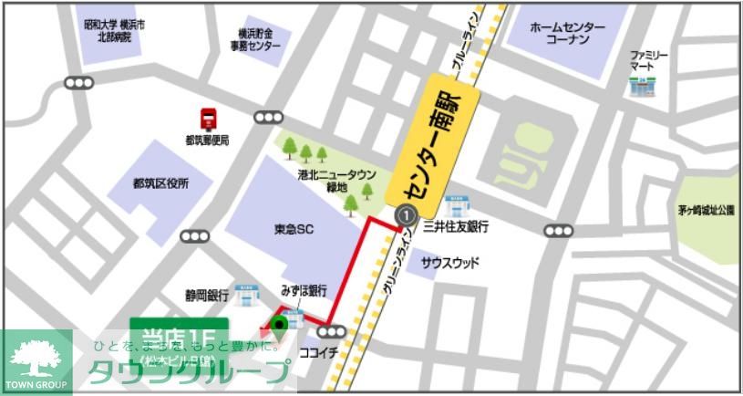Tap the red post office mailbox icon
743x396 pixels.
click(208, 119)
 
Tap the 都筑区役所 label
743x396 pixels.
click(160, 183)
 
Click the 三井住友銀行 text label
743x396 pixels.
click(457, 226)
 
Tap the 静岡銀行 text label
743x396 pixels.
click(205, 296)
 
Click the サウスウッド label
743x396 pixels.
click(449, 262)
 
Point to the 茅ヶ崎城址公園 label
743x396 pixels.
click(707, 210)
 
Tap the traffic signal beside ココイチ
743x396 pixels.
click(333, 331)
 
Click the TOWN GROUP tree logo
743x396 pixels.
click(36, 361)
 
